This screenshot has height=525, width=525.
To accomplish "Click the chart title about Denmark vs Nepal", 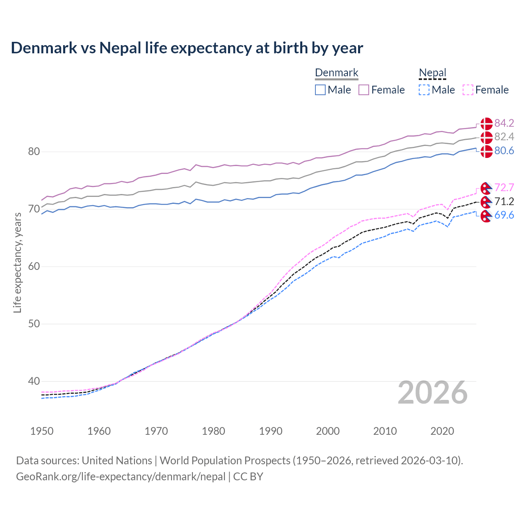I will (187, 48).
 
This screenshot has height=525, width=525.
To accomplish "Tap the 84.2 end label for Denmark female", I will (504, 123).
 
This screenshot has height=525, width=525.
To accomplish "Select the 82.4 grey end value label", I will (504, 137).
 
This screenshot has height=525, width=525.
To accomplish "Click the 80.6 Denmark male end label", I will (504, 151).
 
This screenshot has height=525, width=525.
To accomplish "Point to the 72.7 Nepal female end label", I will (504, 187).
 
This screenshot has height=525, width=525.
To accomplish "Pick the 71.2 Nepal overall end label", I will (504, 201).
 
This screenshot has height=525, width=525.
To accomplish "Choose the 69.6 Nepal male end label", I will (504, 215).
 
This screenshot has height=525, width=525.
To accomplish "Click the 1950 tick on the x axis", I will (42, 431).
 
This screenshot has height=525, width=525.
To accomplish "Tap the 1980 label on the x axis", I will (213, 431).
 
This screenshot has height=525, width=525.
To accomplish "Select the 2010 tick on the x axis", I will (385, 431).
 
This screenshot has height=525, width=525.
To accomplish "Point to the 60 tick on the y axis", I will (34, 267).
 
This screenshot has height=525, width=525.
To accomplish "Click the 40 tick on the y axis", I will (34, 381).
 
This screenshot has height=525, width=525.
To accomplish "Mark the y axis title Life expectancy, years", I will (17, 262).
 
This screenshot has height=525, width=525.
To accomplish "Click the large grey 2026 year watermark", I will (433, 393).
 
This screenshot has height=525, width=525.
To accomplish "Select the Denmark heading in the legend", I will (337, 73).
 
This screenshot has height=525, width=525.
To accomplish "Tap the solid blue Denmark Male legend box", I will (320, 90).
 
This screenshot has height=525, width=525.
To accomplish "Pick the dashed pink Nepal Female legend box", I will (468, 90).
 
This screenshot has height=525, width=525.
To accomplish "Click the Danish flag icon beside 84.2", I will (486, 123).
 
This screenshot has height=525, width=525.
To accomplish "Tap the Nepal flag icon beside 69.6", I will (486, 216).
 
